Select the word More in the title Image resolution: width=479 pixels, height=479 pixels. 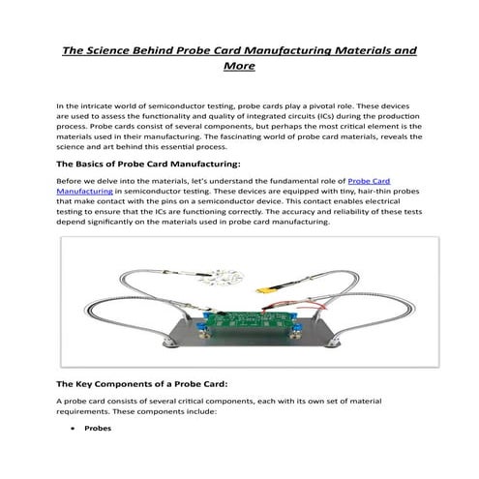click(239, 67)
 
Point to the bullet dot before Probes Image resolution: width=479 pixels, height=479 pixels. click(74, 428)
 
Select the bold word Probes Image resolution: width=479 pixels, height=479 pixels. click(98, 428)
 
